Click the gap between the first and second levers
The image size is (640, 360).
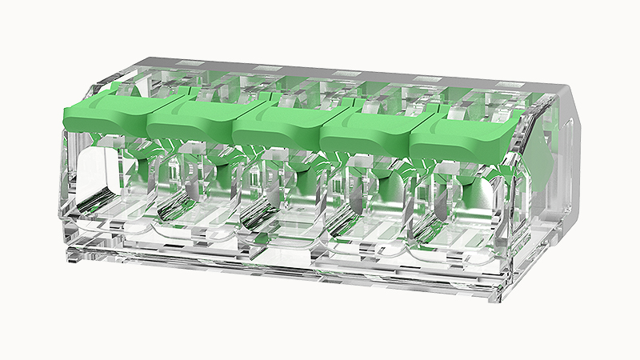146,120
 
